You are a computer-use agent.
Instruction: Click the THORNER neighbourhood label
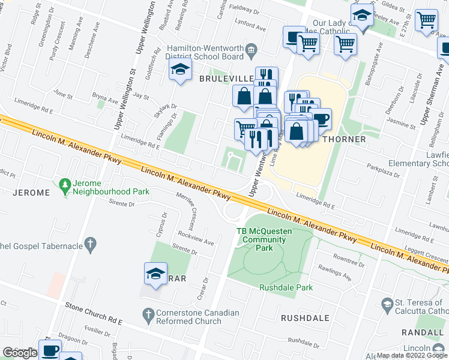pyautogui.click(x=344, y=139)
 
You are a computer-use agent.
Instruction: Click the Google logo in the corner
pyautogui.click(x=19, y=353)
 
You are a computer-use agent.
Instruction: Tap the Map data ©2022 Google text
pyautogui.click(x=412, y=355)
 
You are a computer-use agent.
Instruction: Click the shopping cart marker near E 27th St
pyautogui.click(x=426, y=20)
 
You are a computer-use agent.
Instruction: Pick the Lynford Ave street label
pyautogui.click(x=251, y=28)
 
